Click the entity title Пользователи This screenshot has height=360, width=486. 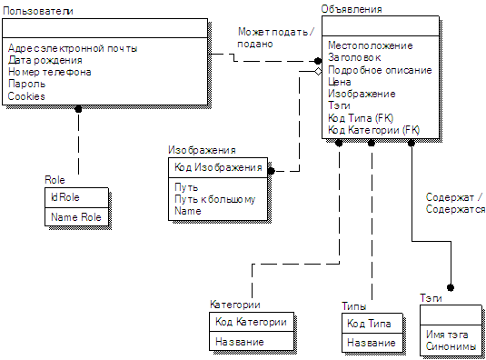38,11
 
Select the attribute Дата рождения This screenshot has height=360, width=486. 45,60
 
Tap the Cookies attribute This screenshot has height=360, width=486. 26,96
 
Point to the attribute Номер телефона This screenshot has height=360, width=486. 50,72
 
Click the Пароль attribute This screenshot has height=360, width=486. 26,84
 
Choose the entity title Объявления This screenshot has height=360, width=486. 352,9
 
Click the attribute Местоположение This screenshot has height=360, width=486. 371,45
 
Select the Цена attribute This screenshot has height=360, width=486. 340,82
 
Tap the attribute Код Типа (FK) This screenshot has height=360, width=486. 361,118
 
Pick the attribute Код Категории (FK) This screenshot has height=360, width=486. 373,130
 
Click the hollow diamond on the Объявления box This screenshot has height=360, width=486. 318,71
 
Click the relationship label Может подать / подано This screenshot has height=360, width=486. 276,37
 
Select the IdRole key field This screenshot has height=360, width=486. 65,197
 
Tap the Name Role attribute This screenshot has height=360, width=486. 76,217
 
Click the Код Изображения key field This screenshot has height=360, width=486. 218,167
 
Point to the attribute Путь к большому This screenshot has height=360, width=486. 214,199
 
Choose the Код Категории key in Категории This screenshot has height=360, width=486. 251,322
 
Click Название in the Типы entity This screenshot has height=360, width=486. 372,343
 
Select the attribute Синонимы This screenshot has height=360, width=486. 451,346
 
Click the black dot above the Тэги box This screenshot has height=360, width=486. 451,288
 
